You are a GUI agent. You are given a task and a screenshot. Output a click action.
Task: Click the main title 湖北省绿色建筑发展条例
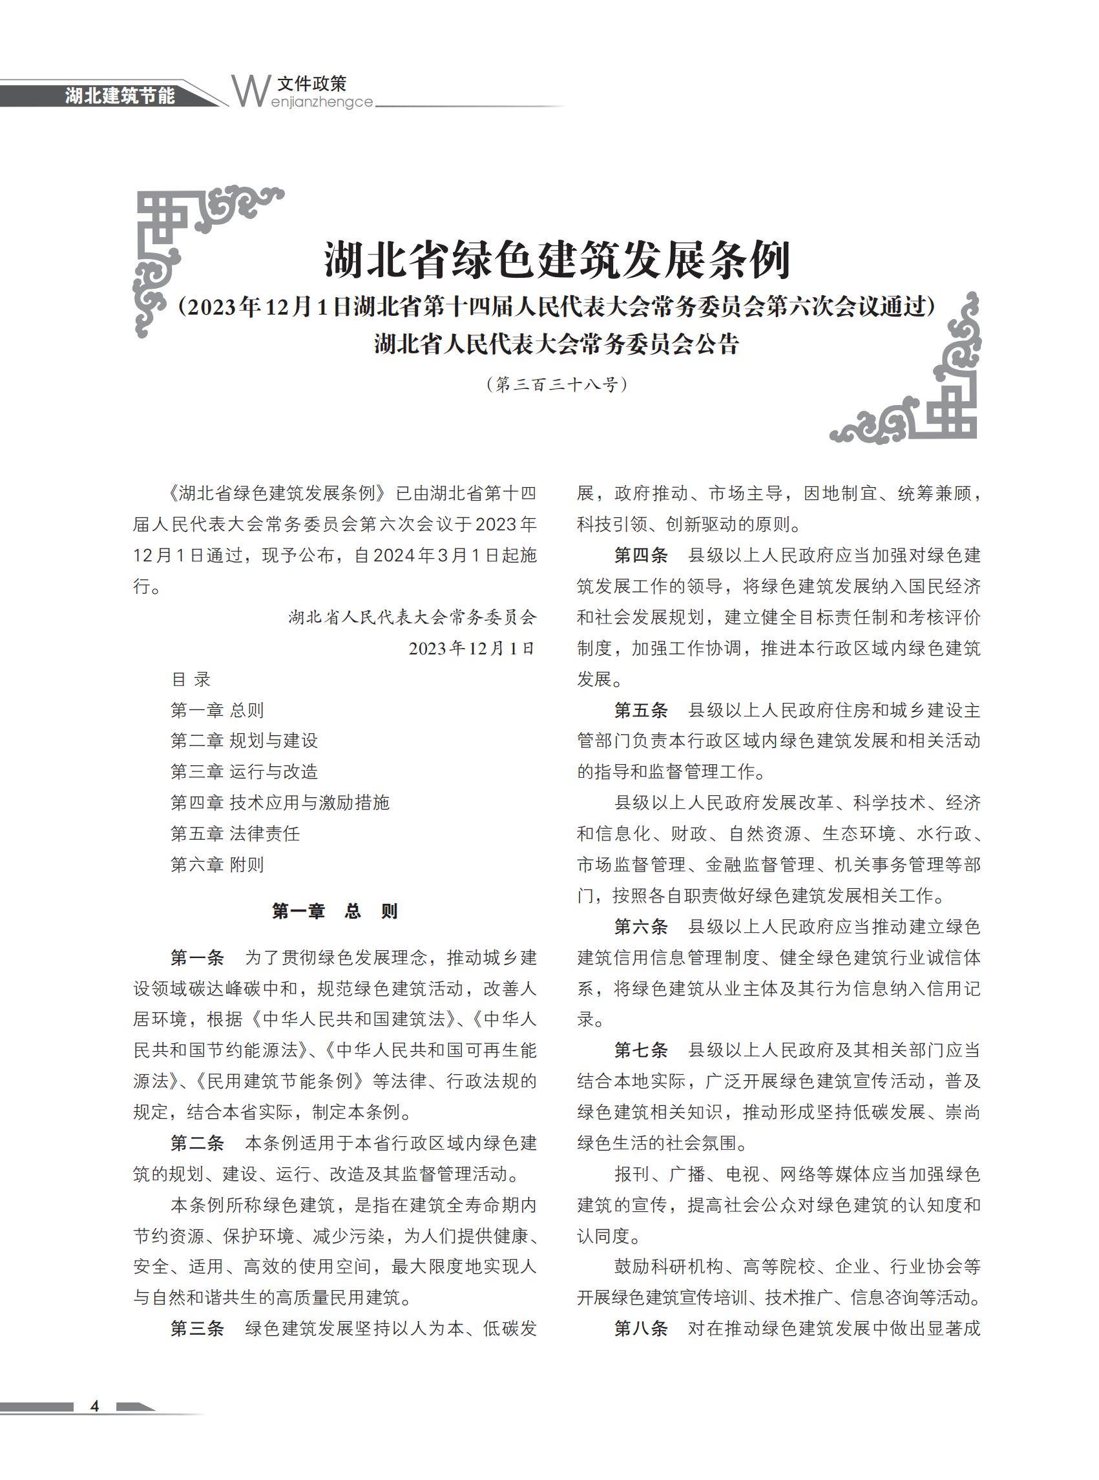(x=557, y=260)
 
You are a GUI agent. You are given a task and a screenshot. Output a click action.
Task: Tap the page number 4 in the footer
(x=94, y=1406)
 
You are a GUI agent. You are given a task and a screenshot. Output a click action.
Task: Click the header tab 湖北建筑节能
(x=120, y=96)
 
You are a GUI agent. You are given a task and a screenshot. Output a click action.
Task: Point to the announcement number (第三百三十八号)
(x=557, y=384)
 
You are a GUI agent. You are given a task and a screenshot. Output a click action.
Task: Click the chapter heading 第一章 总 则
(x=335, y=911)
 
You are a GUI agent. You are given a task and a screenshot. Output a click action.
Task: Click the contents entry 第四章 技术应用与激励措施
(x=280, y=802)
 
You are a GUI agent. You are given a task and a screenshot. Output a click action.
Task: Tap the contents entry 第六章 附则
(x=218, y=864)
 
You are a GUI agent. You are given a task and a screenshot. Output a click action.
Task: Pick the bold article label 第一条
(x=197, y=958)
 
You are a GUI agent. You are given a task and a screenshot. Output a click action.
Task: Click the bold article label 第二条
(x=197, y=1143)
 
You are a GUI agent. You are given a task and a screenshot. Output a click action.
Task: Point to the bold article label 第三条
(x=197, y=1328)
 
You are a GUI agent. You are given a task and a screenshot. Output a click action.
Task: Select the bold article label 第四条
(x=641, y=556)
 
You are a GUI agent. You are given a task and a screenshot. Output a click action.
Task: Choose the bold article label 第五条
(x=641, y=710)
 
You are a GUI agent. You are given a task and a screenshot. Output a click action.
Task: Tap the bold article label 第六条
(x=641, y=926)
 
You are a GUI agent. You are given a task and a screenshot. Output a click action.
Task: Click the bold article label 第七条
(x=641, y=1050)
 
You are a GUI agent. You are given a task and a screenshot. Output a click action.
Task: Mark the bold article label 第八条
(x=641, y=1328)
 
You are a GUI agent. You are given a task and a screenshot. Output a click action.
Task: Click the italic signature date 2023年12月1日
(x=472, y=649)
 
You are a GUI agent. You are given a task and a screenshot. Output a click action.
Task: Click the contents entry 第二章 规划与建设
(x=244, y=740)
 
